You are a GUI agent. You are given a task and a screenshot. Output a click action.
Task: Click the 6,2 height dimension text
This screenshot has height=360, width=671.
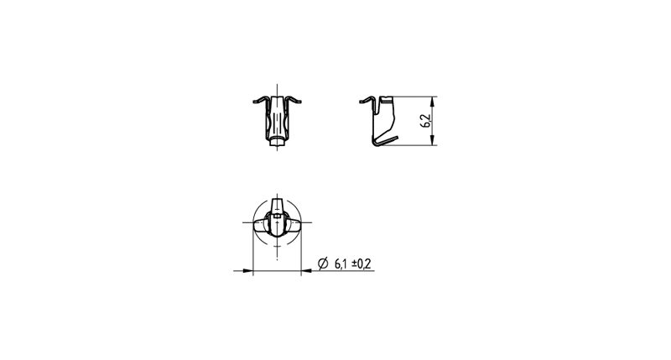click(427, 121)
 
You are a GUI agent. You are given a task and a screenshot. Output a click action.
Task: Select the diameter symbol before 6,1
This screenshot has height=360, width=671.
click(323, 263)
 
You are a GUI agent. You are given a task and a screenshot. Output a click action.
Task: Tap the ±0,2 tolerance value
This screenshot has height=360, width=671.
click(362, 263)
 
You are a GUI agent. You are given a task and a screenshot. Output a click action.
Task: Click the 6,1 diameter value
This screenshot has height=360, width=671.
click(341, 263)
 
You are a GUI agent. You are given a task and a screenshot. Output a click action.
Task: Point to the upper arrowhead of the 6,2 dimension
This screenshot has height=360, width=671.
click(432, 102)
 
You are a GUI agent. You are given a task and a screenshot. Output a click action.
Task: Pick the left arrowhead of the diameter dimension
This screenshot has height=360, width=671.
click(247, 270)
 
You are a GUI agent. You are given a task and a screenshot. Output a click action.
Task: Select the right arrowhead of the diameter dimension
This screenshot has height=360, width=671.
click(306, 270)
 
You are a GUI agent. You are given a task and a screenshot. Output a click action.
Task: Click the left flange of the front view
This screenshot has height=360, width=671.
click(261, 100)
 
